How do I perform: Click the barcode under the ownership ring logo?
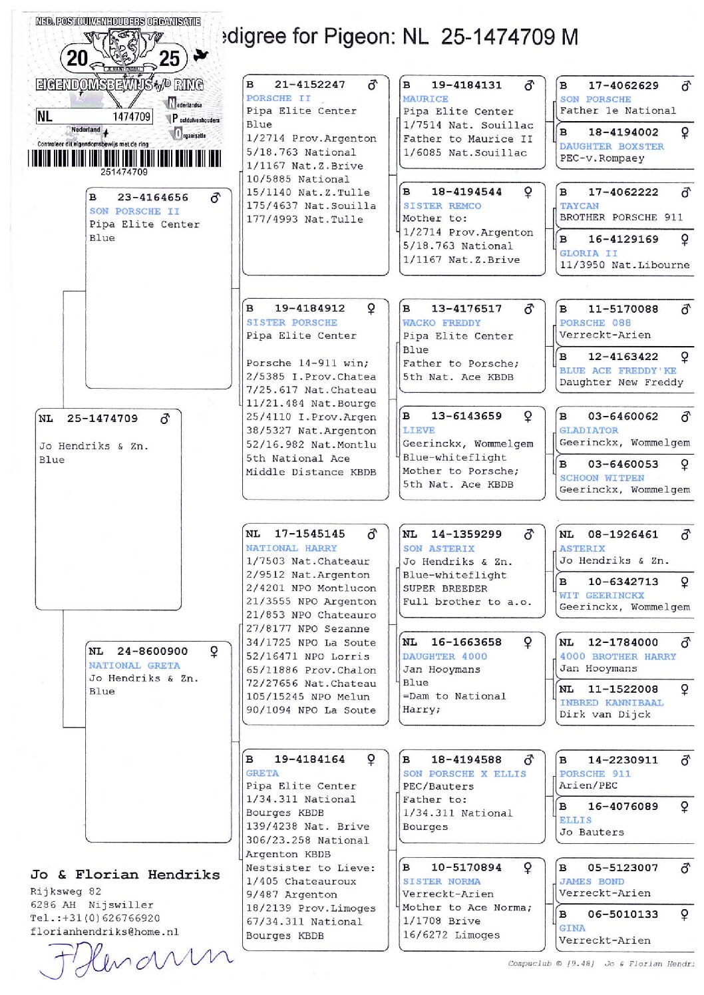pos(124,158)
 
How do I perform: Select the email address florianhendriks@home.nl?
pos(104,932)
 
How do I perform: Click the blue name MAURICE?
pos(425,99)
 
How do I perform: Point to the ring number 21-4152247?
pos(309,85)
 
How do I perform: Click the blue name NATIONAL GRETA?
pos(134,665)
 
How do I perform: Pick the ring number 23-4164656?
pos(152,197)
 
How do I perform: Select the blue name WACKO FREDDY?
pos(441,322)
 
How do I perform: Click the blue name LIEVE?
pos(419,430)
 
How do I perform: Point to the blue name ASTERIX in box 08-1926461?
pos(582,548)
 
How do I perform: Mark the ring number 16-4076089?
pos(623,806)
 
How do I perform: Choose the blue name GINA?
pos(572,927)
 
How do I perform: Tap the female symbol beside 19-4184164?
pos(371,759)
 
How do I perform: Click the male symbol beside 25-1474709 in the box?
pos(165,418)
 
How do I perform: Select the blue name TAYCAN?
pos(579,206)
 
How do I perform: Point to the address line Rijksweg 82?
pos(66,891)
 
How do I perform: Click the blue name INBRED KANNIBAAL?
pos(612,702)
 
